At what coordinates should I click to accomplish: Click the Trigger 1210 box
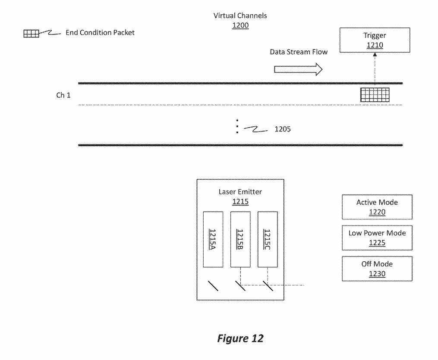pos(375,40)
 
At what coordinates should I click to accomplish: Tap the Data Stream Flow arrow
pos(298,69)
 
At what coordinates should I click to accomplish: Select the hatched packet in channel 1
pos(375,95)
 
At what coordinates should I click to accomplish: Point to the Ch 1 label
pos(63,95)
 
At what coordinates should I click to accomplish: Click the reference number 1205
pos(283,128)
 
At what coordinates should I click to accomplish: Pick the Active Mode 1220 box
pos(377,207)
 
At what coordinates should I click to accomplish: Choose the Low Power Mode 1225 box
pos(377,238)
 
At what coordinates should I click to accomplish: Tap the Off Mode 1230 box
pos(377,269)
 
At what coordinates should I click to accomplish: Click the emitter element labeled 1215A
pos(213,239)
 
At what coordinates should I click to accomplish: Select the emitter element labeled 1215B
pos(240,239)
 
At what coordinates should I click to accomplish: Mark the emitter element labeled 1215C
pos(268,239)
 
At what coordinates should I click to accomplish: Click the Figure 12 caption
pos(240,339)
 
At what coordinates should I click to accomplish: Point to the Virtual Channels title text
pos(240,16)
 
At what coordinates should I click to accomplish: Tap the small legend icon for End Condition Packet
pos(31,33)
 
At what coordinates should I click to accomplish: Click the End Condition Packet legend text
pos(100,33)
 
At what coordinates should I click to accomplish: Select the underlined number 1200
pos(240,25)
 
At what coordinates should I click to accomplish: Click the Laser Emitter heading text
pos(240,192)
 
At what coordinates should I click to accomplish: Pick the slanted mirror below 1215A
pos(213,285)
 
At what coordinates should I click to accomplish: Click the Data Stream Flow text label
pos(299,52)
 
